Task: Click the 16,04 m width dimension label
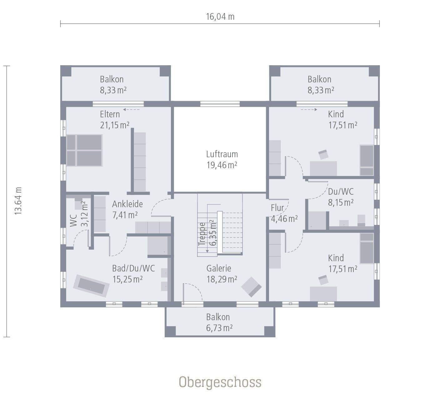(220, 17)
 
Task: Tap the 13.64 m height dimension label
(18, 201)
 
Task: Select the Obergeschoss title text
(220, 382)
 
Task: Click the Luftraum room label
(222, 154)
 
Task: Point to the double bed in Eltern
(84, 150)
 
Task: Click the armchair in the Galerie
(252, 286)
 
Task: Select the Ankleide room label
(127, 204)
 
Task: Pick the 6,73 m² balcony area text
(219, 328)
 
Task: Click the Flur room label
(277, 208)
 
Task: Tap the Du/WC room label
(341, 192)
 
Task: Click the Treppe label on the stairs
(202, 234)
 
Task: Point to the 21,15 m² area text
(115, 125)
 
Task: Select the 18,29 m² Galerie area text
(222, 279)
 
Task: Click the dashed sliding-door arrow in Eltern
(132, 110)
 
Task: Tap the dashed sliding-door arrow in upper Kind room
(309, 110)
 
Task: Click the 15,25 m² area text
(127, 279)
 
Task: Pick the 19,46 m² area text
(222, 165)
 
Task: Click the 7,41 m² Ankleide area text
(125, 215)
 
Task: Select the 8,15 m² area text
(341, 202)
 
